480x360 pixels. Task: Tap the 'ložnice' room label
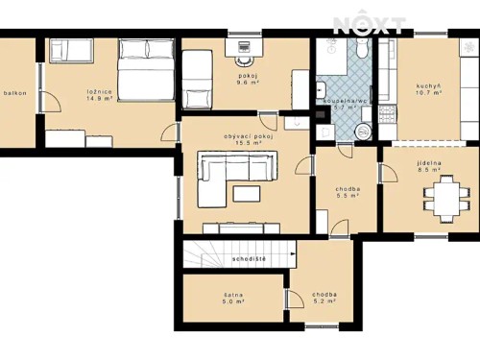click(x=100, y=90)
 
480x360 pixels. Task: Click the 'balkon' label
click(x=14, y=93)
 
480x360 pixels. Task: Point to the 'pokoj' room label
click(x=249, y=75)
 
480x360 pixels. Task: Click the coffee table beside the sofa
click(x=246, y=193)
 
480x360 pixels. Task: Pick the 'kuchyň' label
click(x=427, y=86)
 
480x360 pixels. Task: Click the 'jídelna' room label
click(x=428, y=164)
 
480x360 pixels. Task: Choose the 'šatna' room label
click(x=230, y=294)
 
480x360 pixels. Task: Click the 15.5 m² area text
click(x=249, y=145)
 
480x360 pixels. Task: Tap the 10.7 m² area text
click(x=427, y=94)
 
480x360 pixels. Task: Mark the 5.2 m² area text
click(x=324, y=301)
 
